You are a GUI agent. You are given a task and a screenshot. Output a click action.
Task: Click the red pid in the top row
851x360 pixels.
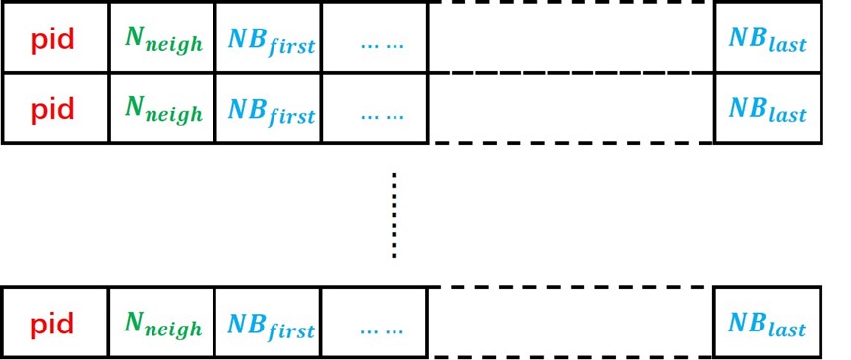click(x=52, y=40)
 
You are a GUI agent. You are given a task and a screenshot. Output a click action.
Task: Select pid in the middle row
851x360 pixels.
click(x=52, y=109)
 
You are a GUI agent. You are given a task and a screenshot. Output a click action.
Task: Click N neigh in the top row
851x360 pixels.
click(x=163, y=40)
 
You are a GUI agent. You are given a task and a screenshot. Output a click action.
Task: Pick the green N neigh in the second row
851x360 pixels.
click(x=163, y=109)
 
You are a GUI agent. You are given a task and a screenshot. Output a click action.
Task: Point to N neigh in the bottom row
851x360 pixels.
click(x=163, y=324)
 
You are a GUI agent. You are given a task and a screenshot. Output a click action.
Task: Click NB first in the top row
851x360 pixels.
click(x=271, y=40)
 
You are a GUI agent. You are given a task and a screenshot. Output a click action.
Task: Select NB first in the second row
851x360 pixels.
click(x=271, y=109)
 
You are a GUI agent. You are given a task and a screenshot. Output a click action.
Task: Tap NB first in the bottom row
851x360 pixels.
click(x=271, y=324)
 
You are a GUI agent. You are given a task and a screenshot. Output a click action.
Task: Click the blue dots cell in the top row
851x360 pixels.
click(x=382, y=44)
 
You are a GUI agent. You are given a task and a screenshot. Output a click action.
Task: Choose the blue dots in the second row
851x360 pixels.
click(x=382, y=114)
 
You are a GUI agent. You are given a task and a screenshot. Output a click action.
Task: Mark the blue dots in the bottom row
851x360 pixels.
click(x=382, y=330)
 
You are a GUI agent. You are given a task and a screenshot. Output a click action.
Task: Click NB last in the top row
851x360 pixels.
click(x=766, y=39)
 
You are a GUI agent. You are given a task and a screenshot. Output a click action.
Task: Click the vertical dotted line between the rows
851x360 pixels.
click(x=395, y=215)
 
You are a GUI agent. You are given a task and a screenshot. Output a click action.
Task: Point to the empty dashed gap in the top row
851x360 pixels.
click(x=571, y=36)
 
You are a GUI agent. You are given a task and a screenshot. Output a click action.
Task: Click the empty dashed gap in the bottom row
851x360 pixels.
click(x=571, y=322)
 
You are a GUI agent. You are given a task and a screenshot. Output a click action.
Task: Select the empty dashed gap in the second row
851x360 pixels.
click(x=571, y=107)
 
